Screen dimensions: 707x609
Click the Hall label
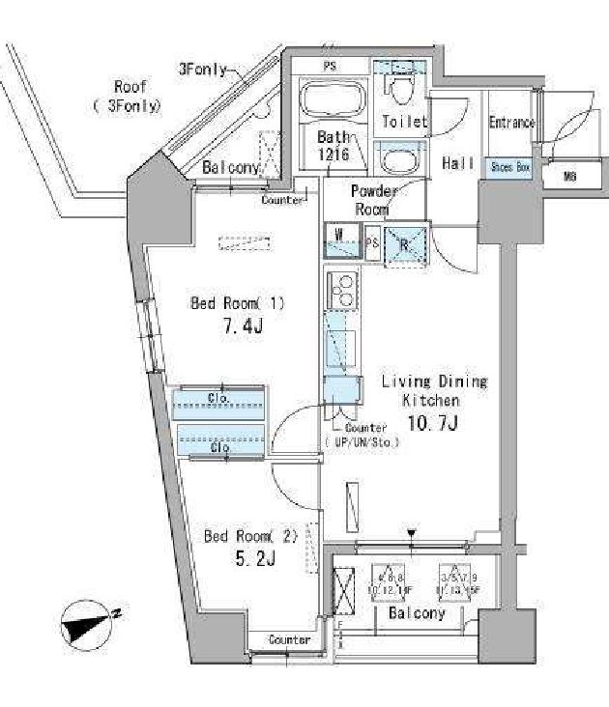point(457,164)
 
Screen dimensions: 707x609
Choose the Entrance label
point(511,123)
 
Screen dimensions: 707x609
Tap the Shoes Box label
point(509,167)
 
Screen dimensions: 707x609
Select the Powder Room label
point(374,200)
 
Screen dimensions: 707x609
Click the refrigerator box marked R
point(404,242)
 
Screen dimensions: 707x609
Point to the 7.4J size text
point(241,326)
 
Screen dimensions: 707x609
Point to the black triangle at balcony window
point(413,532)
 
